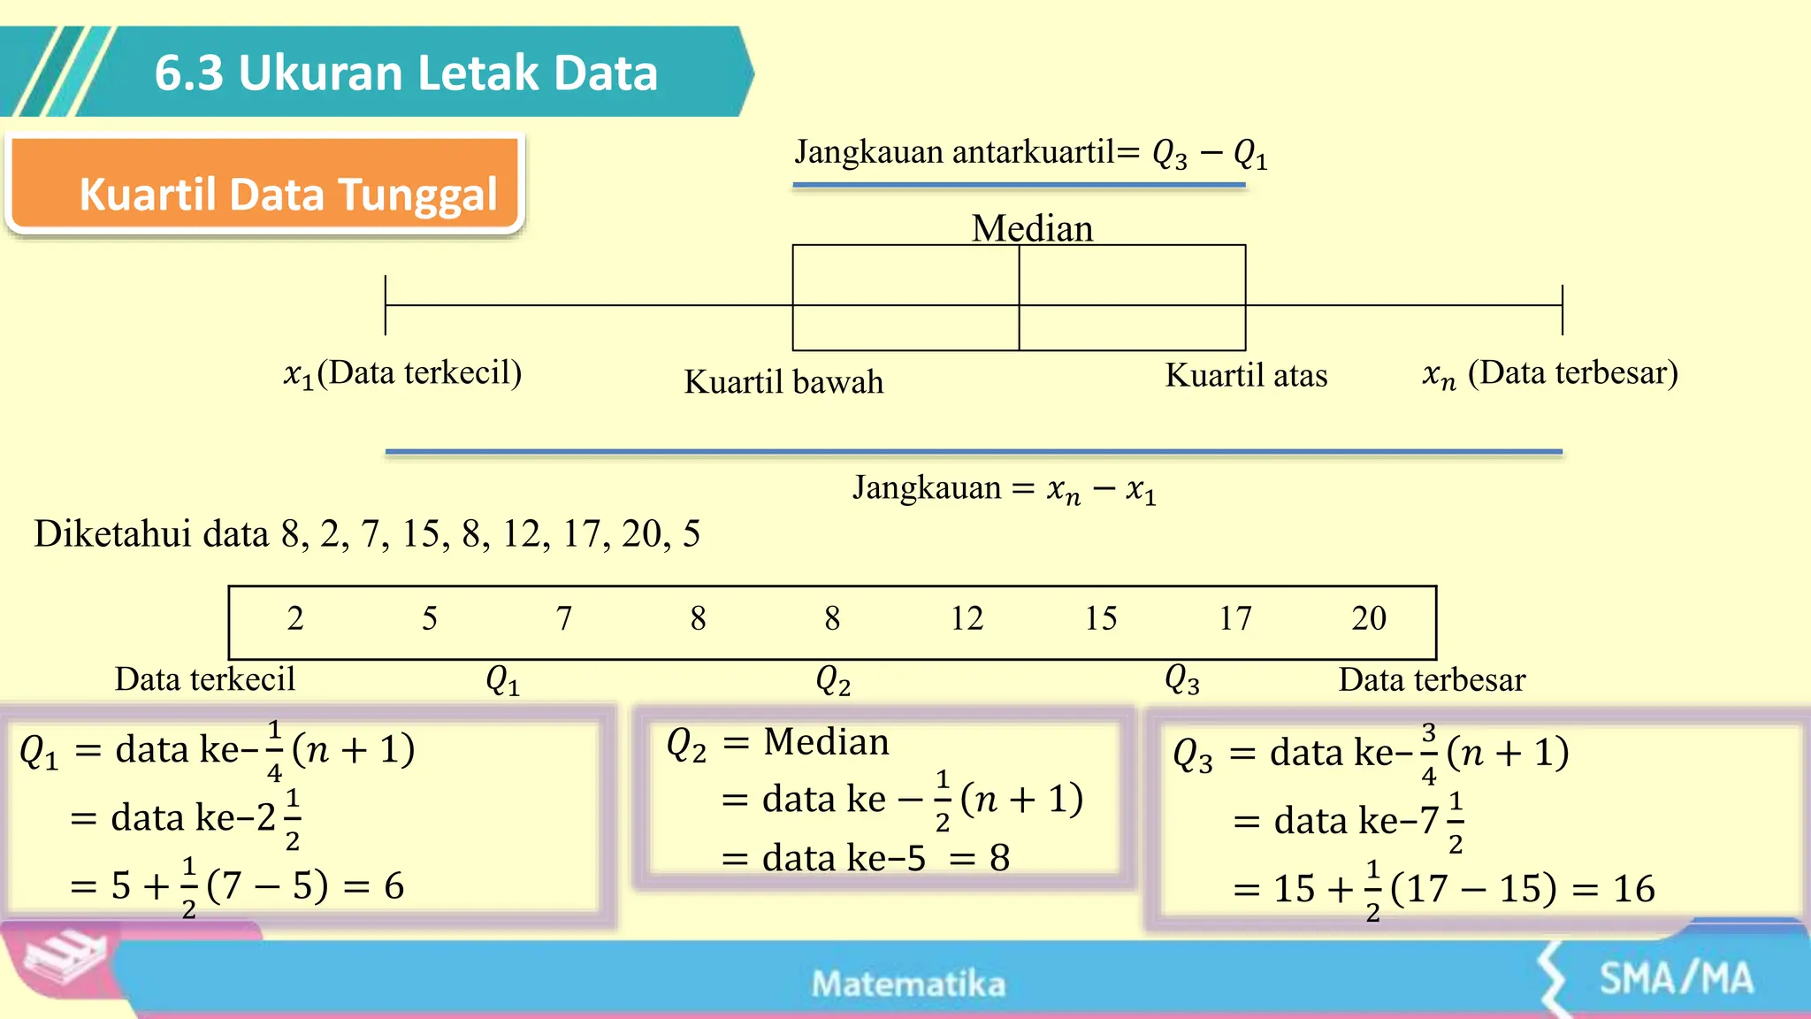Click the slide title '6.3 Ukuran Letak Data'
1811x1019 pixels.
[x=406, y=73]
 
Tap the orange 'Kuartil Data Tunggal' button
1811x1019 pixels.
[x=288, y=194]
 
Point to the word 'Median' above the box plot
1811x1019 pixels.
[x=1032, y=228]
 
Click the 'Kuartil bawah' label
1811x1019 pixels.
[x=783, y=382]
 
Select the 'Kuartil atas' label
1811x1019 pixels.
[x=1246, y=376]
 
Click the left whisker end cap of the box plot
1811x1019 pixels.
[x=386, y=305]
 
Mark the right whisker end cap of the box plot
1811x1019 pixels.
[x=1563, y=309]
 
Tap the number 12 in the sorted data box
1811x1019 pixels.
[x=967, y=618]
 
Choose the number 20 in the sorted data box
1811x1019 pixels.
[x=1369, y=618]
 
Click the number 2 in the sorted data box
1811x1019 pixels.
[x=295, y=618]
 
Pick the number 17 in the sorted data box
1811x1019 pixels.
[x=1235, y=618]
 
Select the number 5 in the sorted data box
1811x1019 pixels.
[x=430, y=618]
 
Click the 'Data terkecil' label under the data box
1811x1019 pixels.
[x=205, y=679]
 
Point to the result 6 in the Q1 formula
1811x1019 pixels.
[x=394, y=886]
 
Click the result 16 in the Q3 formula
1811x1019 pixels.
[x=1633, y=889]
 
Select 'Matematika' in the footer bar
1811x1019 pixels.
[x=908, y=984]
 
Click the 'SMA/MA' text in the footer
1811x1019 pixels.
[x=1676, y=978]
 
